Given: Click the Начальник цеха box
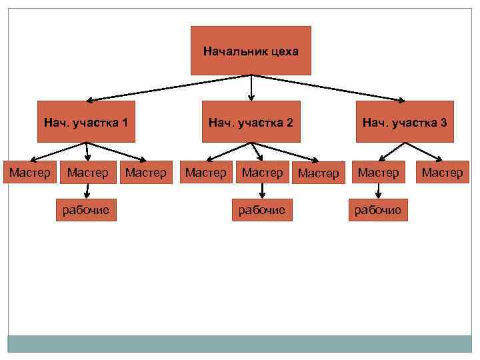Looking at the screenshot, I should (x=251, y=51).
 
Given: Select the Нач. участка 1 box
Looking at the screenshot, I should (x=86, y=122).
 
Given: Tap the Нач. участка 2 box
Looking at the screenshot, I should (x=251, y=122).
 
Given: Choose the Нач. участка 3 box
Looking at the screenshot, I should (x=405, y=122).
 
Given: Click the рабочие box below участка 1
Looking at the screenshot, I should (x=86, y=211).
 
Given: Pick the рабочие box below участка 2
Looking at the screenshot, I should (x=262, y=211).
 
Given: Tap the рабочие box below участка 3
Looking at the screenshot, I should (x=377, y=211).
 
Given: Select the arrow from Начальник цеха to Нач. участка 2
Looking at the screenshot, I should (x=251, y=87).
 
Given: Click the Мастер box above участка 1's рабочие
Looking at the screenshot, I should (x=87, y=173).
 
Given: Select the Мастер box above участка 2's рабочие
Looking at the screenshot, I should (x=262, y=173).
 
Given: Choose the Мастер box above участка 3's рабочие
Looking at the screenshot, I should (x=378, y=173).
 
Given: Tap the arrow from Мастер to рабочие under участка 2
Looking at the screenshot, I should (x=262, y=191).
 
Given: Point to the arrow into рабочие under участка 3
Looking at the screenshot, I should (x=378, y=191).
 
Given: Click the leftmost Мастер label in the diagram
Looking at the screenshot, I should (x=29, y=173).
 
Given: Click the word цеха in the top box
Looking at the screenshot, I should (x=285, y=51).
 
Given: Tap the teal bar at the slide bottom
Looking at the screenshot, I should (x=239, y=343).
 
